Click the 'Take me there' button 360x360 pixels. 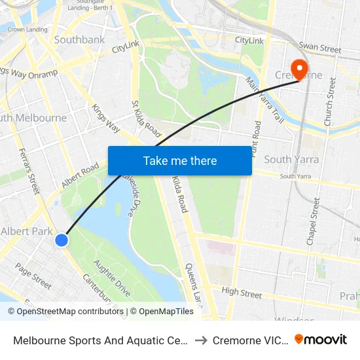180,160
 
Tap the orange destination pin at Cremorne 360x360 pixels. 300,69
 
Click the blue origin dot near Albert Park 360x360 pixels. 62,240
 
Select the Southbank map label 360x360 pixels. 79,40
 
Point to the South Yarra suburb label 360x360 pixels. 291,160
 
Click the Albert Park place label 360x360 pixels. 27,231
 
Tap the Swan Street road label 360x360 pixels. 319,48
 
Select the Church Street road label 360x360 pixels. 329,101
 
